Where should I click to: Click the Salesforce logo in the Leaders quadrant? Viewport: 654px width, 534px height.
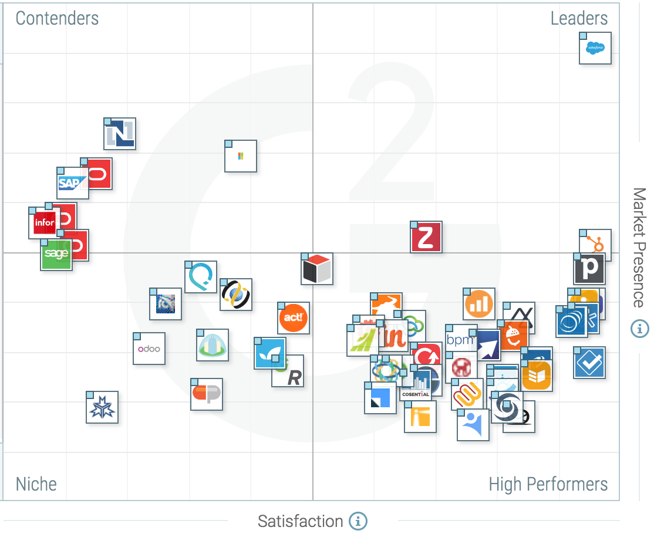pos(595,48)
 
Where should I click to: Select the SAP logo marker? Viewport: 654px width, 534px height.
pos(72,184)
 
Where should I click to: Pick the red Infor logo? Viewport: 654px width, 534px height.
pos(44,223)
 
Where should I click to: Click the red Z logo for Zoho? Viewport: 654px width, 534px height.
pos(426,238)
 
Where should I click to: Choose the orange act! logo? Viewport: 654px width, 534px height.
pos(293,318)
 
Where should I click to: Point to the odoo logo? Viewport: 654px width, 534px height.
pos(149,349)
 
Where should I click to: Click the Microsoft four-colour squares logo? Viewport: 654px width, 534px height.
pos(241,156)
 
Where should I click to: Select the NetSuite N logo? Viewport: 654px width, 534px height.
pos(120,134)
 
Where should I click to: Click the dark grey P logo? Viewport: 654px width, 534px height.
pos(589,269)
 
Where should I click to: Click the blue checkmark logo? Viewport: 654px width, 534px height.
pos(589,363)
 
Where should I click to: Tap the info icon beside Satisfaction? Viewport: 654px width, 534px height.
pos(358,521)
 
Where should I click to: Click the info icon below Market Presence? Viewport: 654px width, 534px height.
pos(639,329)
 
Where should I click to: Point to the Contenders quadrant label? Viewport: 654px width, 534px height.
pos(57,18)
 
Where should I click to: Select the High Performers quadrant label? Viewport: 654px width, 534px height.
pos(548,484)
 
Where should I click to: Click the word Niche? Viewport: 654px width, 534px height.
pos(36,484)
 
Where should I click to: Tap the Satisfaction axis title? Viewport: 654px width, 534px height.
pos(300,521)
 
